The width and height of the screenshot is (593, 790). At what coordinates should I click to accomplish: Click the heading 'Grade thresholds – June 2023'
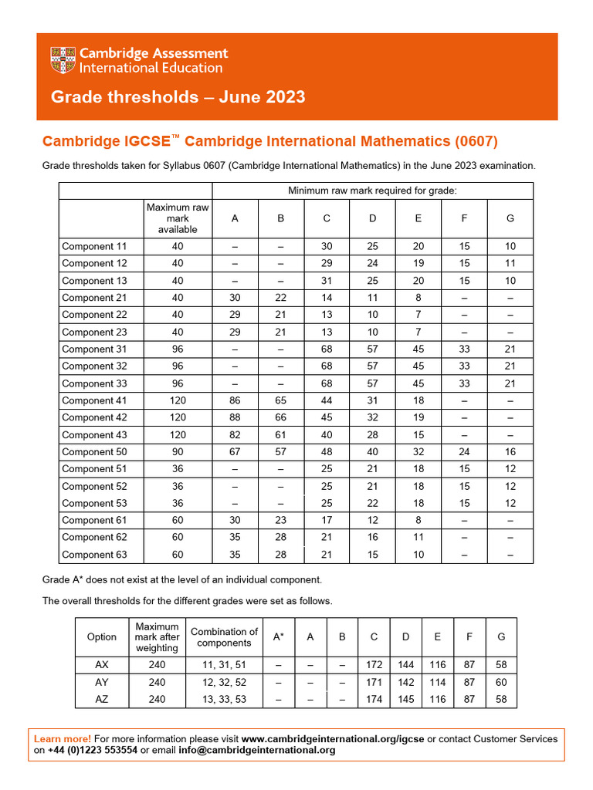(178, 97)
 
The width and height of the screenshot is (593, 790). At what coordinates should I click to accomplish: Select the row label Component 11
(93, 246)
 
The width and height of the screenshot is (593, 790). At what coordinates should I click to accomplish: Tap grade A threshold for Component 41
(235, 400)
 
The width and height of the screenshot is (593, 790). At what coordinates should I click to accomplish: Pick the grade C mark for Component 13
(327, 281)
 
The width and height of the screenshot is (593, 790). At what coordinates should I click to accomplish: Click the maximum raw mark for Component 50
(178, 452)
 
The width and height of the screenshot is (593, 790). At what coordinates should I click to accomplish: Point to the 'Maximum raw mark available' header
(178, 218)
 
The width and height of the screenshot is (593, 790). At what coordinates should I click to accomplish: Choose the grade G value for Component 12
(510, 263)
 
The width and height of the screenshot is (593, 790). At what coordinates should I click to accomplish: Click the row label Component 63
(93, 555)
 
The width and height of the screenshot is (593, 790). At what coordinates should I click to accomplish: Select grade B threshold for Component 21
(280, 298)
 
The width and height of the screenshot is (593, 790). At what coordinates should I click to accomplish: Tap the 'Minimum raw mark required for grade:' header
(372, 191)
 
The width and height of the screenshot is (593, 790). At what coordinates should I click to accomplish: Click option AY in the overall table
(102, 682)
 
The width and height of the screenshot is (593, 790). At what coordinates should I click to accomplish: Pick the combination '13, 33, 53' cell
(224, 699)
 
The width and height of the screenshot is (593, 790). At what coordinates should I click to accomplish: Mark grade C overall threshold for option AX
(374, 665)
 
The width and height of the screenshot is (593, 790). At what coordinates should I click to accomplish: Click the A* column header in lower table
(278, 637)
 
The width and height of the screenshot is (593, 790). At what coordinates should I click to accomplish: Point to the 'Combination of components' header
(224, 637)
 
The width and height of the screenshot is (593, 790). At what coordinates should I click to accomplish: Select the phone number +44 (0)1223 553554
(93, 750)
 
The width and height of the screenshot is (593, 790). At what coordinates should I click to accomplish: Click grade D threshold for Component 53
(372, 503)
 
